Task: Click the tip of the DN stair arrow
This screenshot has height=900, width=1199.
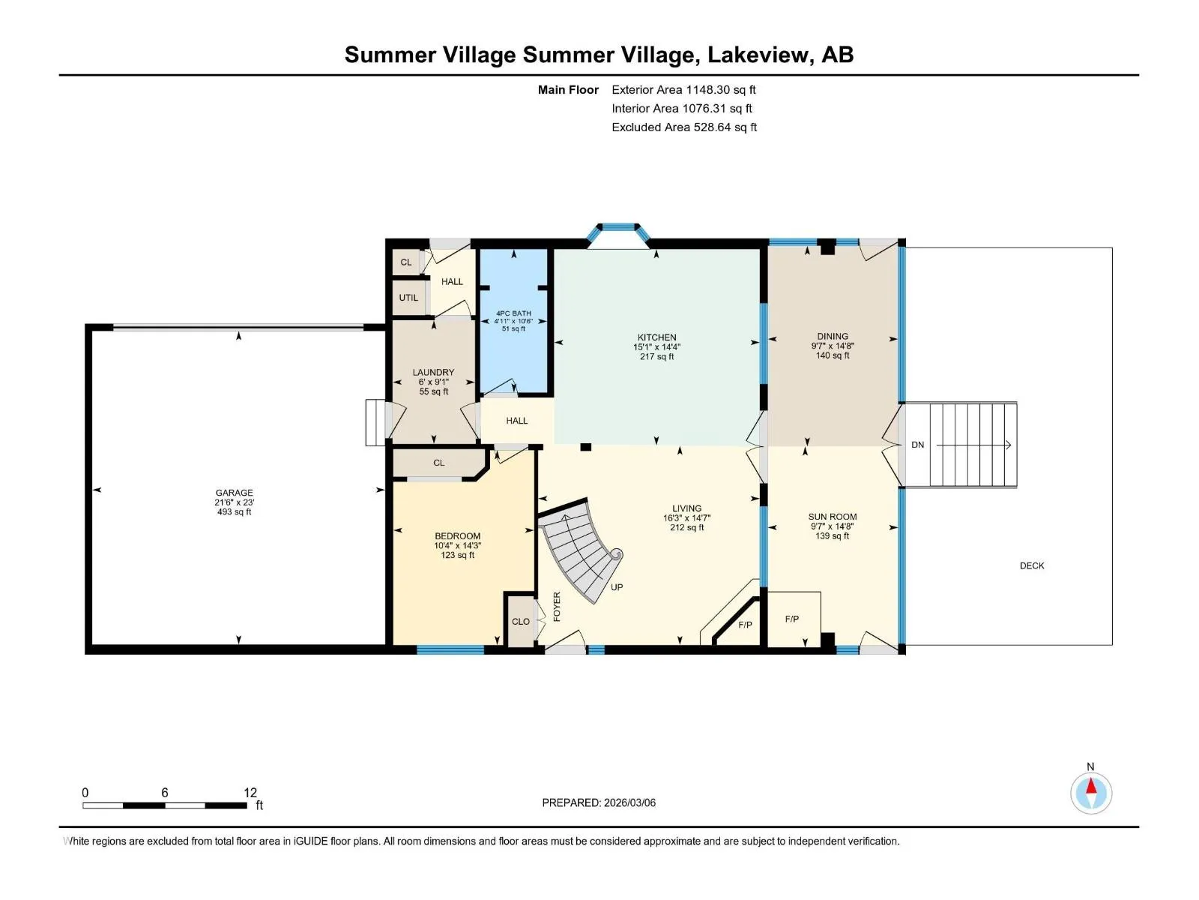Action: (x=1011, y=445)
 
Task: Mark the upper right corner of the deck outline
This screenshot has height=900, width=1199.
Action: (x=1112, y=248)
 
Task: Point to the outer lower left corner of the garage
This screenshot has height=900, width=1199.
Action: (x=85, y=653)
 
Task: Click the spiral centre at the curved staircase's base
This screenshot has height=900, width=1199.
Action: (x=617, y=555)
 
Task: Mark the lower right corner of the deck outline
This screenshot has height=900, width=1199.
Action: (x=1112, y=645)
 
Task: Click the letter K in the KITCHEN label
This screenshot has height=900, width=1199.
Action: (x=641, y=337)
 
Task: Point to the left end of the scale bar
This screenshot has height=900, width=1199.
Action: (x=83, y=805)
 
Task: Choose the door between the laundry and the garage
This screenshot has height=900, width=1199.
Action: (x=396, y=421)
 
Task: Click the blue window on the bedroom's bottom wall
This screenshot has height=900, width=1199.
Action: (x=450, y=649)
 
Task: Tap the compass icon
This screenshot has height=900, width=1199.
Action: (x=1091, y=793)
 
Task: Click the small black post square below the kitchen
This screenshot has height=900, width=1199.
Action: (x=585, y=447)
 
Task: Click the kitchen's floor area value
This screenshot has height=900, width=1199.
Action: (x=656, y=357)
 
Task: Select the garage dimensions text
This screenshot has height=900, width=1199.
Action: (x=235, y=502)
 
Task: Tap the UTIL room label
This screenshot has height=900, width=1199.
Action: (x=408, y=298)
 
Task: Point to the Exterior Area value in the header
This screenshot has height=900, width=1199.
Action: (x=721, y=90)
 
